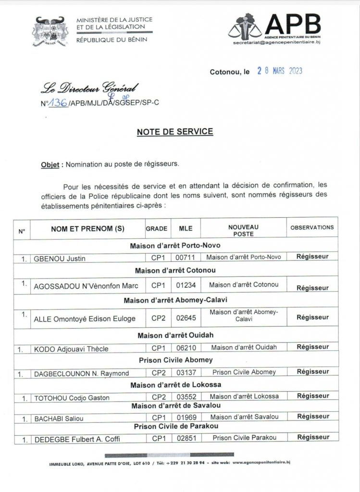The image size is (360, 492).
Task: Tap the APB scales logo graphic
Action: pyautogui.click(x=246, y=26)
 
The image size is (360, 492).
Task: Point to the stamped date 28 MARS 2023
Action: pyautogui.click(x=279, y=71)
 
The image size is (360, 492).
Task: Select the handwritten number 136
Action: pyautogui.click(x=57, y=102)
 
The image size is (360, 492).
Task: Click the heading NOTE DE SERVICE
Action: pyautogui.click(x=175, y=132)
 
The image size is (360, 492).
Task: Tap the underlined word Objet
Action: pyautogui.click(x=50, y=164)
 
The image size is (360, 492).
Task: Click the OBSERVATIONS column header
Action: pyautogui.click(x=312, y=227)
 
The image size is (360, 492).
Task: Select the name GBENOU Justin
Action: pyautogui.click(x=60, y=258)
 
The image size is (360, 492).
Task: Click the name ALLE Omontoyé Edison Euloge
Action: pyautogui.click(x=85, y=319)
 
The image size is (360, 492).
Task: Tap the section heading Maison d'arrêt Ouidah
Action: pyautogui.click(x=175, y=335)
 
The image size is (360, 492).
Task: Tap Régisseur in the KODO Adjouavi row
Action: pyautogui.click(x=312, y=347)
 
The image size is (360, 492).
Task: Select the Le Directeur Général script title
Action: pyautogui.click(x=89, y=88)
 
